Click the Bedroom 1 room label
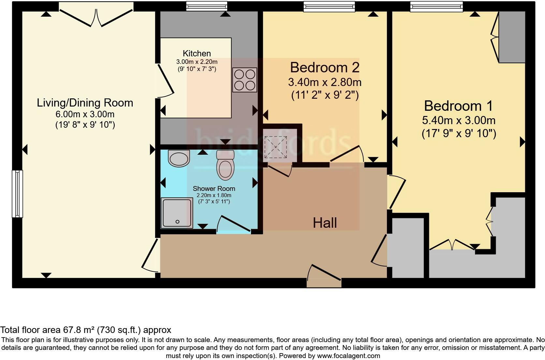(458, 106)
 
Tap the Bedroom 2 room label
(325, 67)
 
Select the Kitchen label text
(197, 53)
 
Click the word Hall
(325, 223)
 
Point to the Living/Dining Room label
(85, 103)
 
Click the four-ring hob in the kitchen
(245, 80)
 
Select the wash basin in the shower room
(179, 158)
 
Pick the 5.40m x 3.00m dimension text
(458, 121)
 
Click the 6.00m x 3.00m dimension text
(85, 114)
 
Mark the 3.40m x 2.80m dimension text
(325, 82)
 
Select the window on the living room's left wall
(18, 194)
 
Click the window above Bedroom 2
(329, 7)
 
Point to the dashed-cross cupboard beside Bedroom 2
(276, 147)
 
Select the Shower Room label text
(214, 188)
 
